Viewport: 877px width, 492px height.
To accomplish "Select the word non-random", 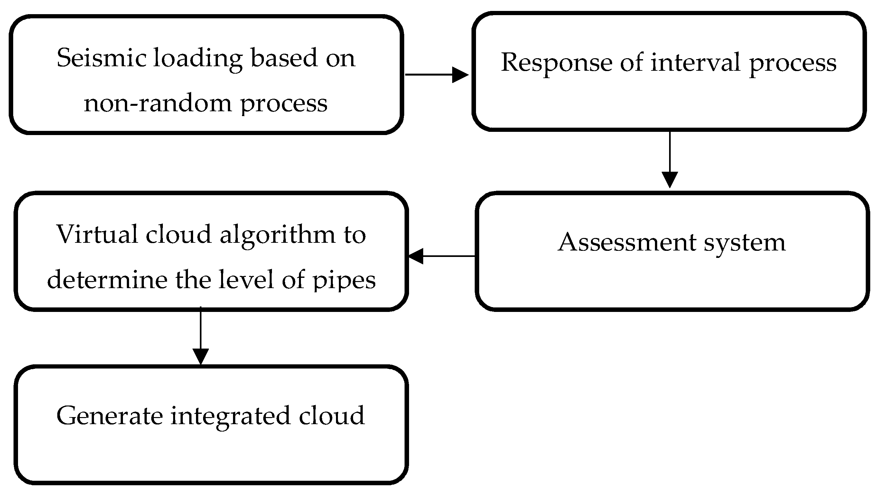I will click(157, 104).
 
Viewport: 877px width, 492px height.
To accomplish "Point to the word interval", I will click(695, 62).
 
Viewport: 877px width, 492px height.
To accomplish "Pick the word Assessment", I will click(627, 242).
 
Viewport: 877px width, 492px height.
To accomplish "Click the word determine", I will click(107, 280).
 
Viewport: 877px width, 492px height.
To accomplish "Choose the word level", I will click(246, 280).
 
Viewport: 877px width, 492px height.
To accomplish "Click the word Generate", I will click(109, 416).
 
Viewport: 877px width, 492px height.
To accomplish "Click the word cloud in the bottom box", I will click(331, 416).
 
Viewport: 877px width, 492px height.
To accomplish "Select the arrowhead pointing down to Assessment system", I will click(670, 179).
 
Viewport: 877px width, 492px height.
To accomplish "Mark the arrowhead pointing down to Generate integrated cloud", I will click(201, 356).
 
